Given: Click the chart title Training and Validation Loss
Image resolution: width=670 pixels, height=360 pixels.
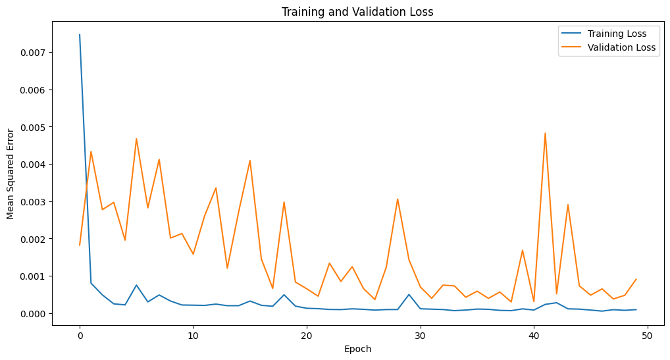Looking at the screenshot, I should pyautogui.click(x=357, y=11).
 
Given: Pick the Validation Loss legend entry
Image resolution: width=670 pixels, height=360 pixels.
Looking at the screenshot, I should pyautogui.click(x=621, y=47).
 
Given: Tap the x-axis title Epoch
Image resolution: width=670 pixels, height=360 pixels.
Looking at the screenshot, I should pyautogui.click(x=357, y=349).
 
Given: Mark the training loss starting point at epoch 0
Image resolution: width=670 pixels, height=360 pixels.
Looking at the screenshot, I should pyautogui.click(x=80, y=35).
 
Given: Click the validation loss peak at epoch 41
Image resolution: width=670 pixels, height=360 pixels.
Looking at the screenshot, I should pyautogui.click(x=545, y=133).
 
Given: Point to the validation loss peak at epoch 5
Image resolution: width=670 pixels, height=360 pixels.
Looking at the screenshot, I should pyautogui.click(x=136, y=139).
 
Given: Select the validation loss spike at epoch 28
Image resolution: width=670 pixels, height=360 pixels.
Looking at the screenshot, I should pyautogui.click(x=398, y=199).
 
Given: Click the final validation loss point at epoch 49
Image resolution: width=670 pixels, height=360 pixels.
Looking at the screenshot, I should pyautogui.click(x=636, y=279).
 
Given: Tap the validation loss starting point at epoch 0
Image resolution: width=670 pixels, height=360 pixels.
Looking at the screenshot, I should pyautogui.click(x=80, y=245).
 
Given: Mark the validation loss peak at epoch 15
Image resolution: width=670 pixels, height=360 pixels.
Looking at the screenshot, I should pyautogui.click(x=250, y=161).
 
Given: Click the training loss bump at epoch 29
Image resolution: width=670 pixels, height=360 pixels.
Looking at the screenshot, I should pyautogui.click(x=409, y=294).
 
